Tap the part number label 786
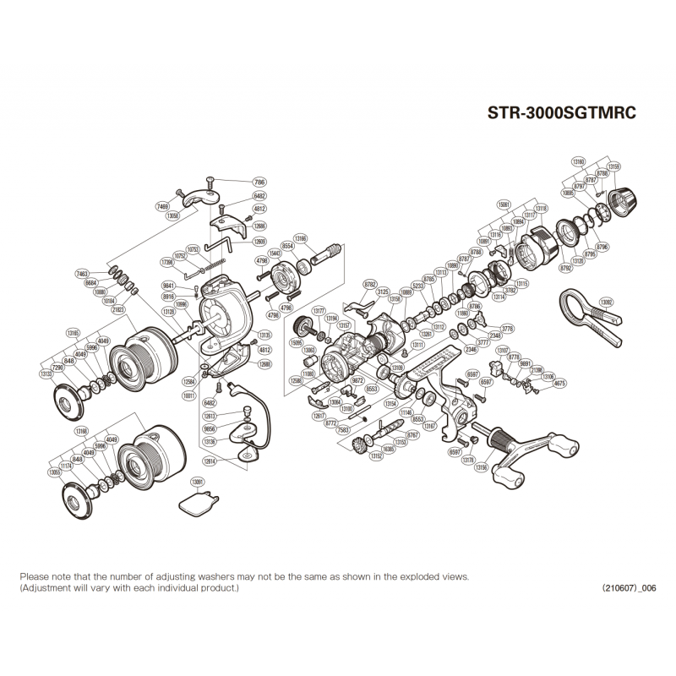[x=259, y=182]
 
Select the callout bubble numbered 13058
[x=173, y=215]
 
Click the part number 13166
[x=301, y=238]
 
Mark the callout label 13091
[x=198, y=482]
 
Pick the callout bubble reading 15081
[x=505, y=204]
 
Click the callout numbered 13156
[x=482, y=466]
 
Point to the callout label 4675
[x=559, y=383]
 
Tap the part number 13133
[x=46, y=373]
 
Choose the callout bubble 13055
[x=55, y=472]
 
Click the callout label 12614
[x=210, y=461]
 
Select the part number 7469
[x=162, y=206]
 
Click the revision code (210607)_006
[x=629, y=588]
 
